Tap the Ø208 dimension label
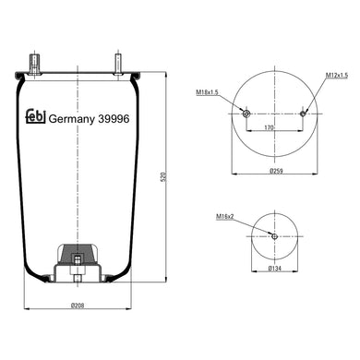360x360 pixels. pyautogui.click(x=78, y=306)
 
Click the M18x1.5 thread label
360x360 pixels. pyautogui.click(x=208, y=92)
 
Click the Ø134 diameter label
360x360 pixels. pyautogui.click(x=274, y=268)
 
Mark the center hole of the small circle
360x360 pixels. pyautogui.click(x=274, y=236)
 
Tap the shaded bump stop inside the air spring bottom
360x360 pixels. pyautogui.click(x=78, y=254)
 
